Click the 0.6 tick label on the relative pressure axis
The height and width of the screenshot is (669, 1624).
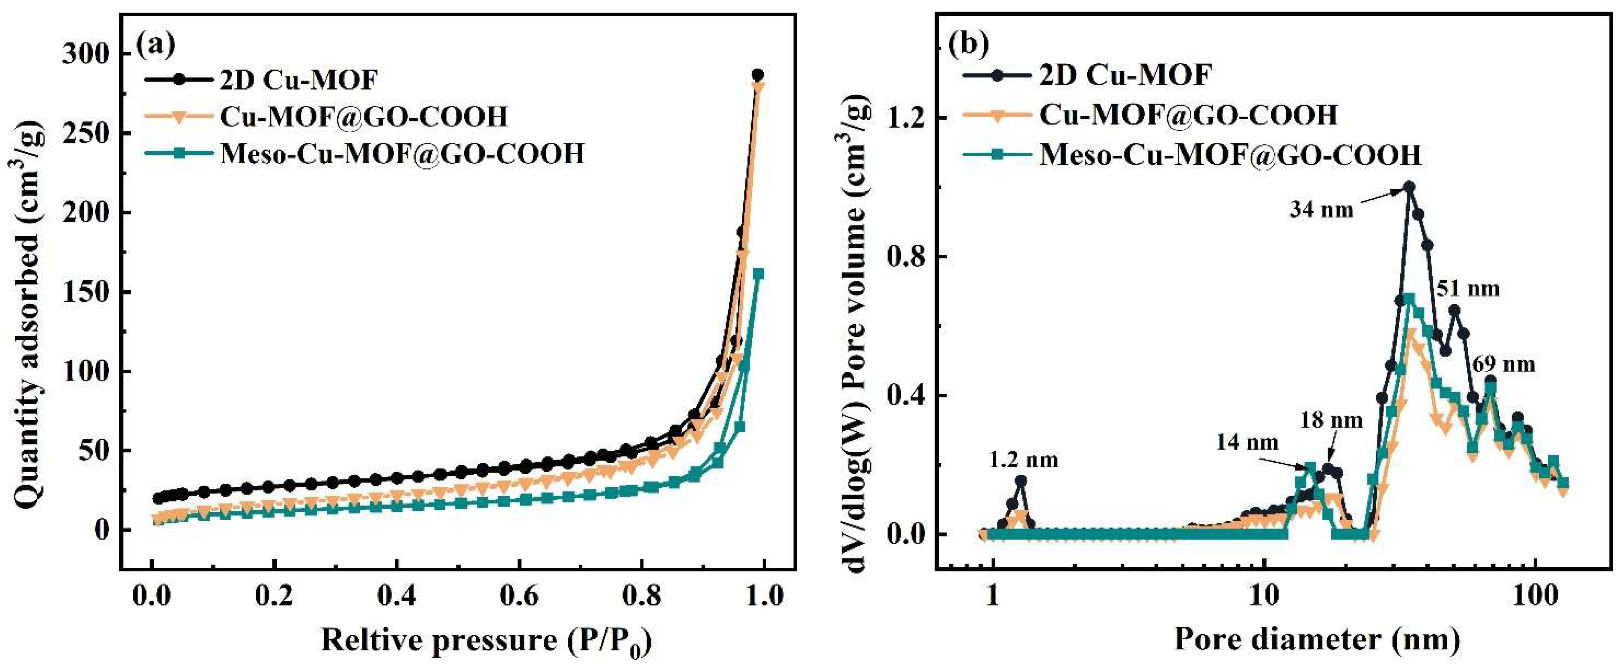click(520, 596)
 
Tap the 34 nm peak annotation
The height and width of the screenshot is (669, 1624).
click(1321, 209)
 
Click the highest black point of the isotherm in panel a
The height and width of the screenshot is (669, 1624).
click(758, 74)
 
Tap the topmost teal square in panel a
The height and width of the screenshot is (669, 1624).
click(759, 274)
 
